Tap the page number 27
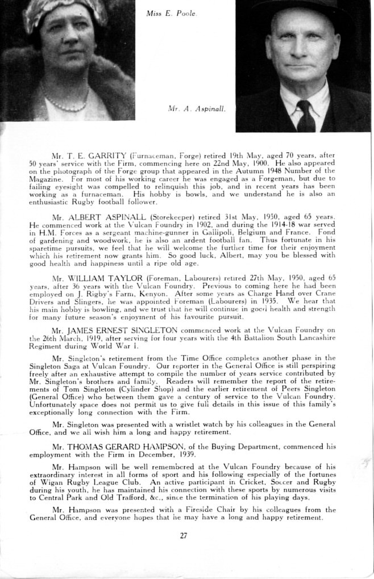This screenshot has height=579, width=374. [183, 535]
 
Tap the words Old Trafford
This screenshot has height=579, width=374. [119, 497]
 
